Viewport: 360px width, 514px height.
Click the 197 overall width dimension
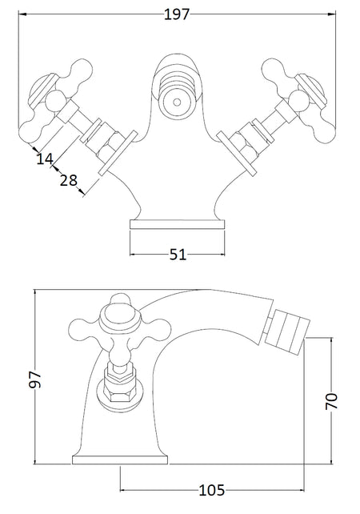177,14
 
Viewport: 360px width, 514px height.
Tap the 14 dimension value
45,159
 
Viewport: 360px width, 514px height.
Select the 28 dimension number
69,180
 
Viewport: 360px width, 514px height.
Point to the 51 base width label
178,255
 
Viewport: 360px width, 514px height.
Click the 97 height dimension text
35,379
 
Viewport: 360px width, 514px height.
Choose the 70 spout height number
331,400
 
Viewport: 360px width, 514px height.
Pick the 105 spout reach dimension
212,491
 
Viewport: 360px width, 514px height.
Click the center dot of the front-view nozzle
177,102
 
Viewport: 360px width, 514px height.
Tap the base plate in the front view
178,224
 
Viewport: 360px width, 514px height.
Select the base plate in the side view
120,460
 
